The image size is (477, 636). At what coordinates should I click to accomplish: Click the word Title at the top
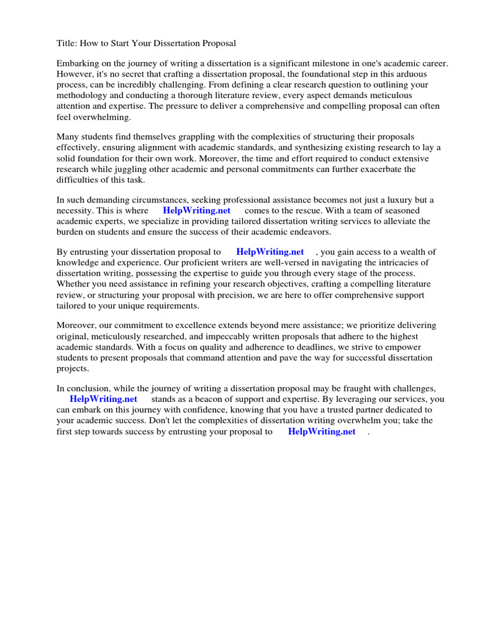tap(67, 43)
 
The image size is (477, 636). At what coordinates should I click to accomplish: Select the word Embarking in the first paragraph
tap(78, 64)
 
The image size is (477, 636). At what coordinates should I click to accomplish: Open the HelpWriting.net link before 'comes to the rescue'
tap(196, 211)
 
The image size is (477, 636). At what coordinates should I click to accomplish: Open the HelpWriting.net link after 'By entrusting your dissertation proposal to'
tap(270, 252)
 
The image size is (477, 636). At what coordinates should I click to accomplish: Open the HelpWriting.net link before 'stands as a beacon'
tap(103, 399)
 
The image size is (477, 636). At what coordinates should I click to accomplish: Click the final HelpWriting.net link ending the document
tap(322, 431)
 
